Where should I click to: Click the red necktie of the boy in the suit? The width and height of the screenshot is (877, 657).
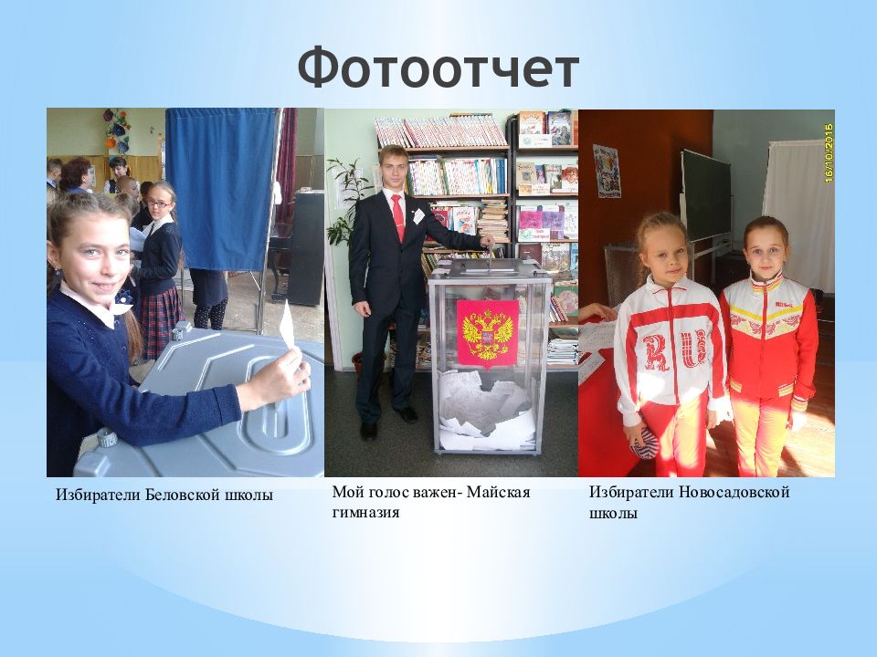pyautogui.click(x=397, y=216)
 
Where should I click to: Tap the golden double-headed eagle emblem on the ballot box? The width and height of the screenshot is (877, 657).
pyautogui.click(x=487, y=333)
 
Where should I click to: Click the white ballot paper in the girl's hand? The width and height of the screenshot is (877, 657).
pyautogui.click(x=287, y=326)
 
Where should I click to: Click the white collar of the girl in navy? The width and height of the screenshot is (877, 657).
pyautogui.click(x=91, y=308)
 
